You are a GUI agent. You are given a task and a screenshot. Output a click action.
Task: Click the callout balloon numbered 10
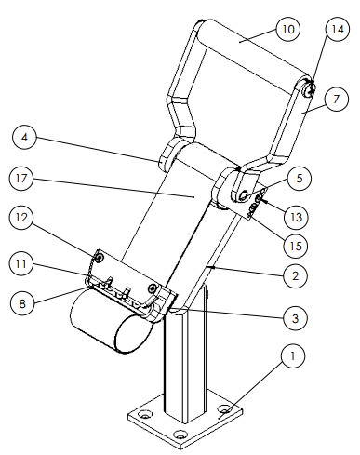pyautogui.click(x=288, y=29)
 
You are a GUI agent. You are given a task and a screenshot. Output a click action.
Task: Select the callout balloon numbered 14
pyautogui.click(x=338, y=29)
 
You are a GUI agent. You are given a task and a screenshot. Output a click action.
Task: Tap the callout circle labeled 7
pyautogui.click(x=337, y=100)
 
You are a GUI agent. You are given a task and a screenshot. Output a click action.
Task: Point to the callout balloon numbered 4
pyautogui.click(x=25, y=137)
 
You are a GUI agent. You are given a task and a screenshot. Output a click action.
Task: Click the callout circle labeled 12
pyautogui.click(x=21, y=218)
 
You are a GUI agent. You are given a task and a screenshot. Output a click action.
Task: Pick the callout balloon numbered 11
pyautogui.click(x=21, y=263)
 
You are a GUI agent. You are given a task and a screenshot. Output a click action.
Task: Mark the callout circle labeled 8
pyautogui.click(x=22, y=303)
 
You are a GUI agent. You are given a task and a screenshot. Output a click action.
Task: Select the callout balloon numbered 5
pyautogui.click(x=300, y=179)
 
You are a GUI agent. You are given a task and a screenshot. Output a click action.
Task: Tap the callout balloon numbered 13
pyautogui.click(x=296, y=217)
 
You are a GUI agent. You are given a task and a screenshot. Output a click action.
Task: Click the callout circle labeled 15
pyautogui.click(x=296, y=246)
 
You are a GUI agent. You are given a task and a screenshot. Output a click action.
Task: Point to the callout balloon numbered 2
pyautogui.click(x=296, y=275)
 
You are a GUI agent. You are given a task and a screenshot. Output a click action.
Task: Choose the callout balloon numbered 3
pyautogui.click(x=296, y=318)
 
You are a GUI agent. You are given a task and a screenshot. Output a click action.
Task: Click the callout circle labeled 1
pyautogui.click(x=293, y=355)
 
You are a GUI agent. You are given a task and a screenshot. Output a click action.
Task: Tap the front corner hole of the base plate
pyautogui.click(x=180, y=435)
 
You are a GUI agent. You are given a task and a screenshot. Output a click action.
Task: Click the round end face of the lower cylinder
pyautogui.click(x=134, y=334)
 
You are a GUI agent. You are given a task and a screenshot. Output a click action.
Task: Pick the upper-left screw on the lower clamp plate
pyautogui.click(x=100, y=258)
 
